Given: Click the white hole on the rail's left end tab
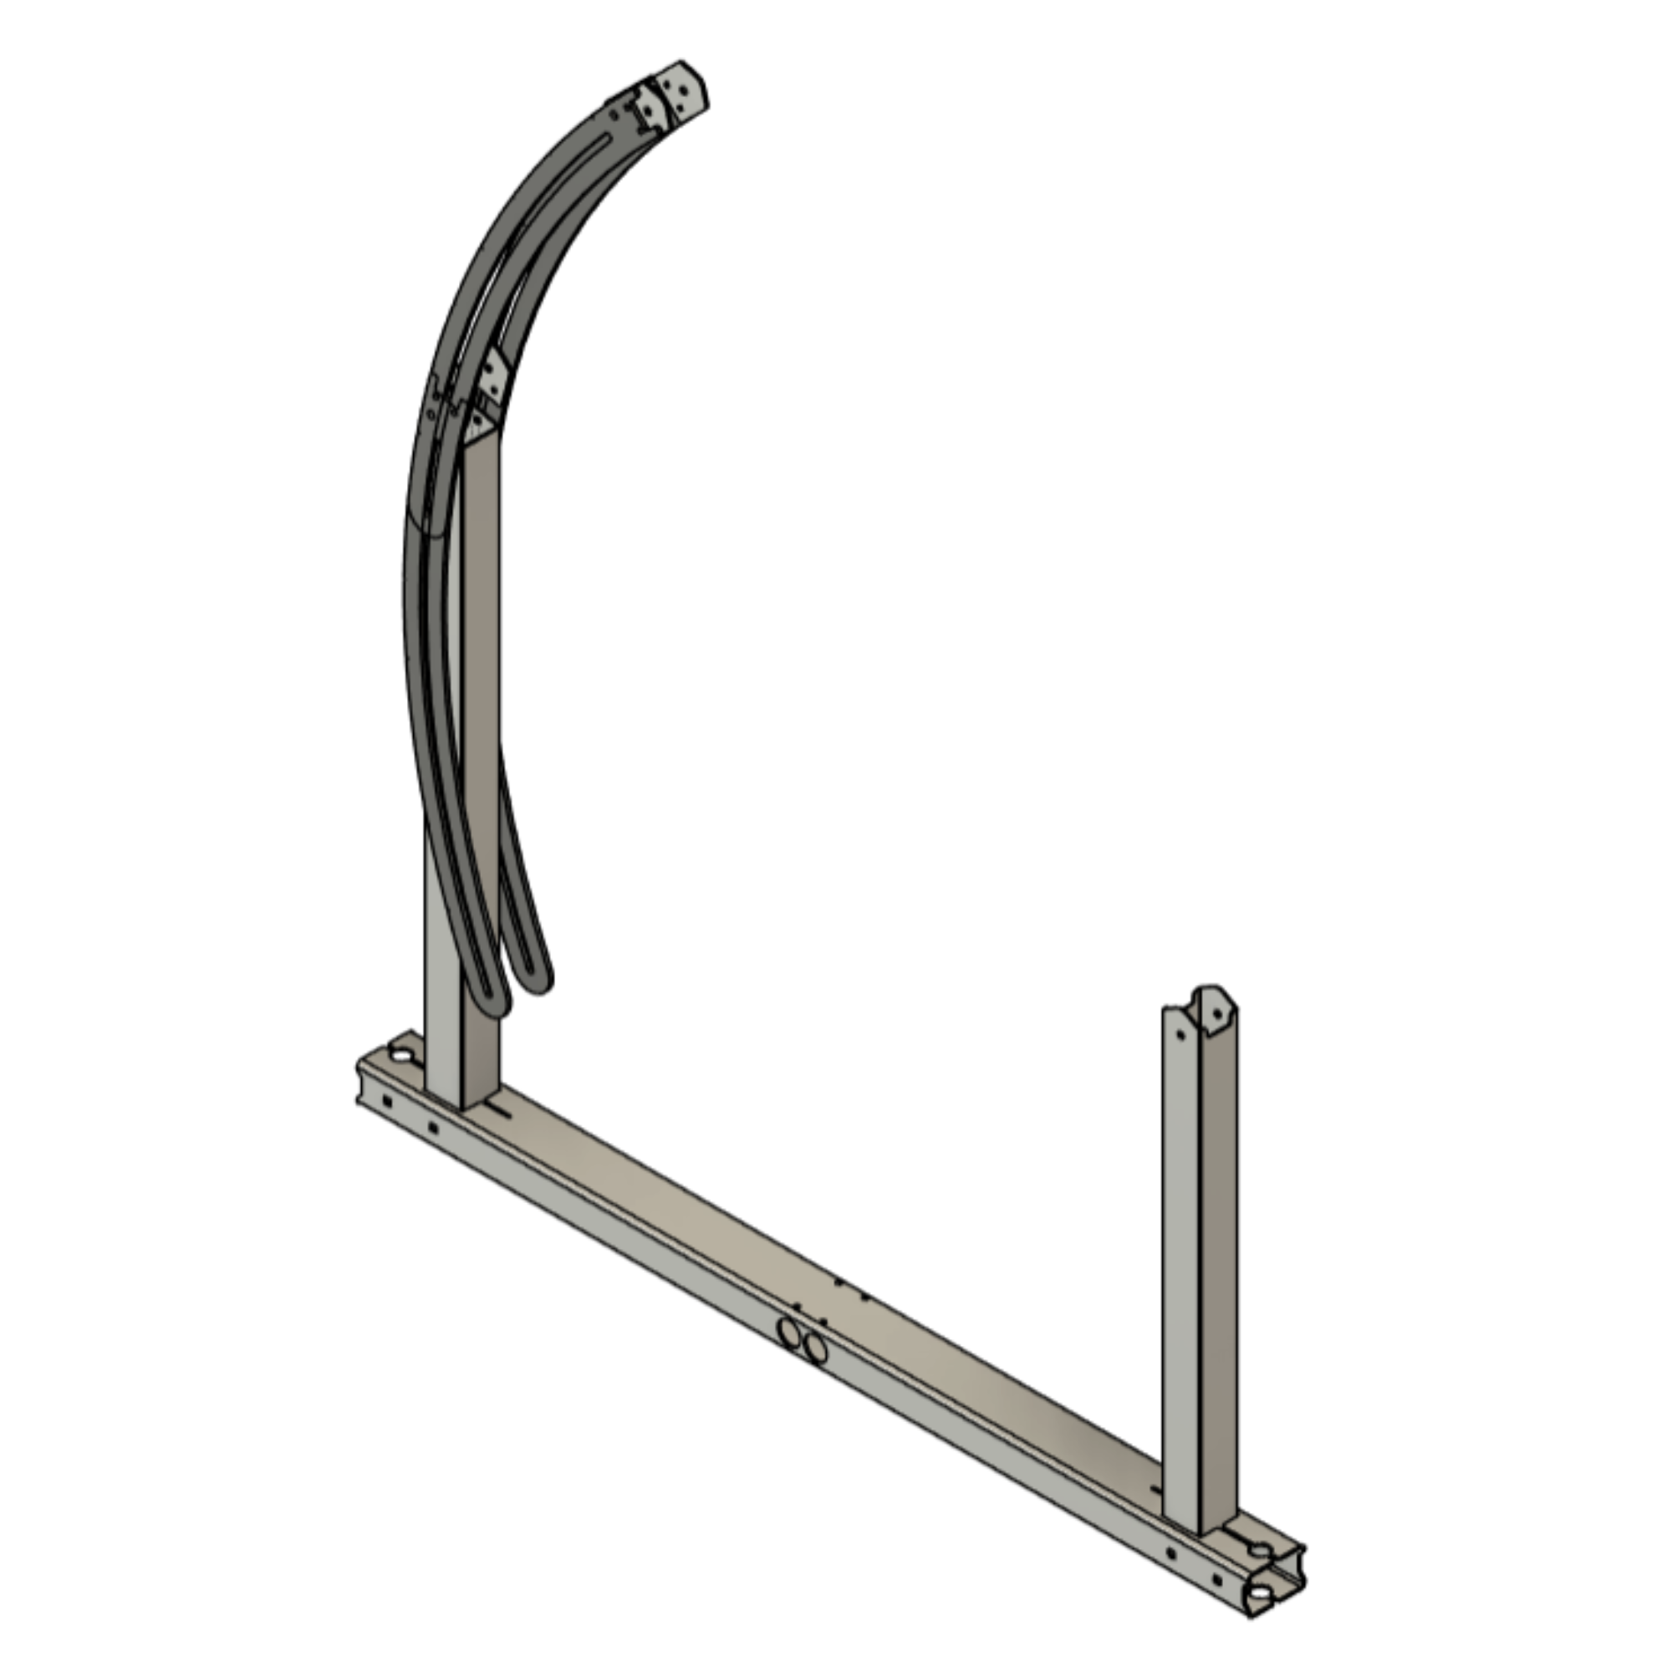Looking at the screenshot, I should point(401,1054).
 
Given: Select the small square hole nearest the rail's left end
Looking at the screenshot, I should point(386,1101).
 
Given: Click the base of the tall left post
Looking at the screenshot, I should point(461,1098).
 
